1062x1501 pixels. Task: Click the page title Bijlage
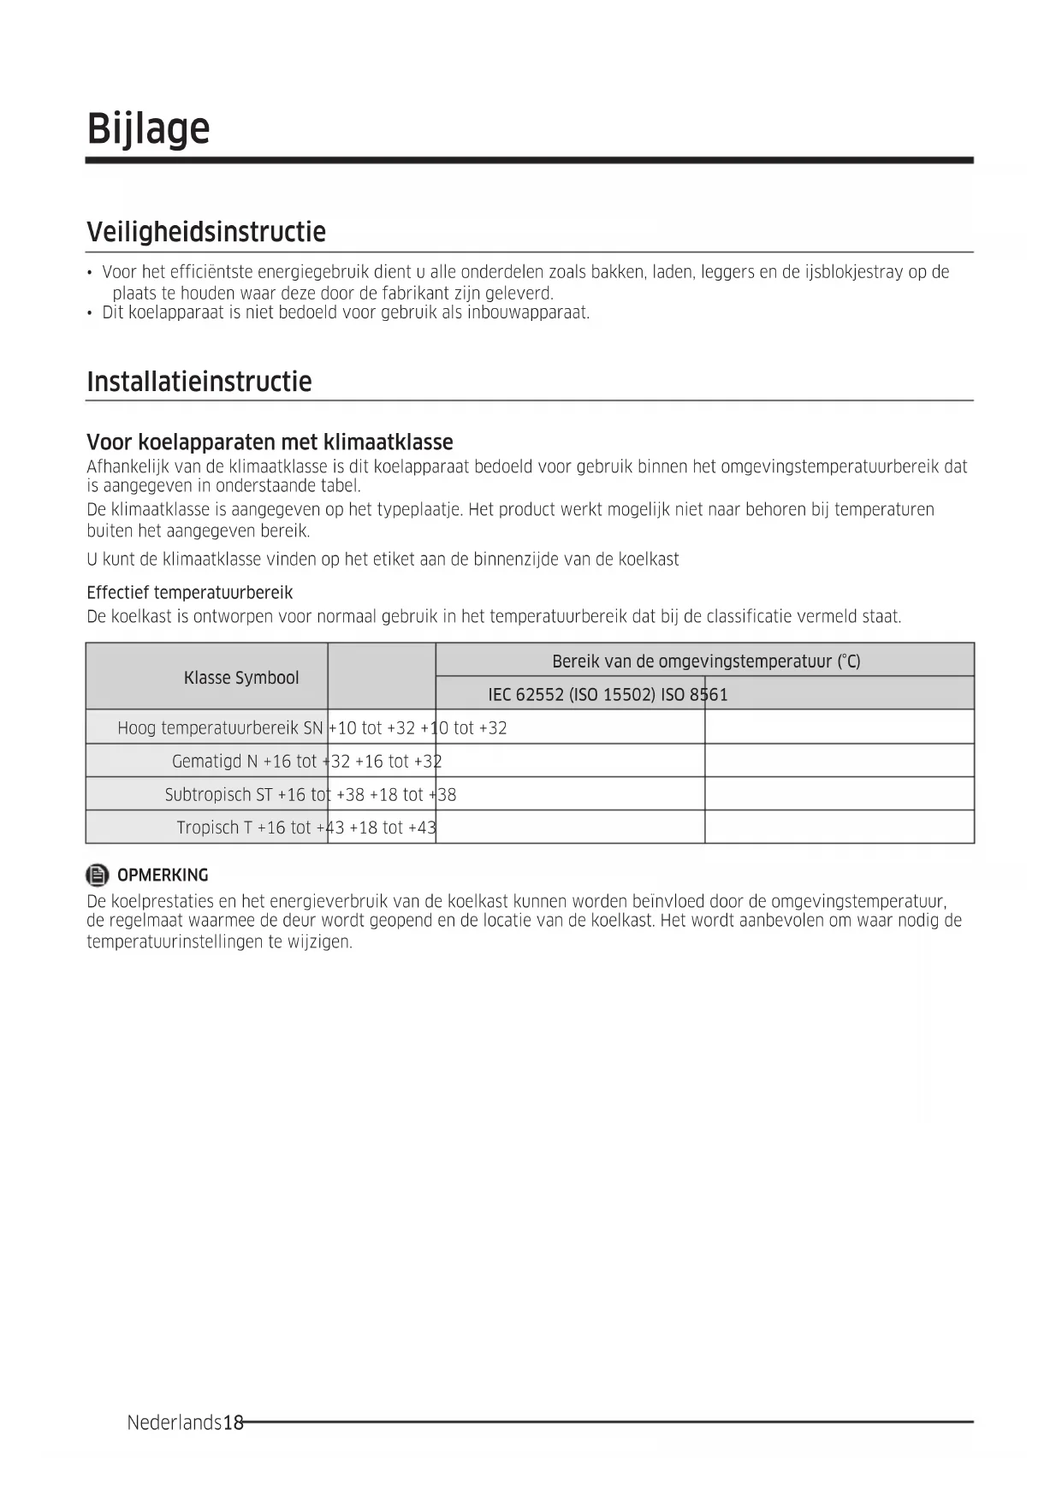point(148,128)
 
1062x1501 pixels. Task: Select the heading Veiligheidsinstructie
point(206,232)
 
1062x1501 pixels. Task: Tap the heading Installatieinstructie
point(199,381)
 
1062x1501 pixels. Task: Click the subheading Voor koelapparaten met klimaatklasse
point(270,442)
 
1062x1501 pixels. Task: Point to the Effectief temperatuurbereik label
point(189,593)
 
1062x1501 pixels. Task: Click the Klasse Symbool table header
point(241,678)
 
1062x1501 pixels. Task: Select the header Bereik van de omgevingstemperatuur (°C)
point(705,662)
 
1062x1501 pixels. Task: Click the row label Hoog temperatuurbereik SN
point(220,728)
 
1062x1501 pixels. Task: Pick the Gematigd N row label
point(215,762)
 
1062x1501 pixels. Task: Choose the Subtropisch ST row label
point(218,795)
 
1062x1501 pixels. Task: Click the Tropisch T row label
point(214,828)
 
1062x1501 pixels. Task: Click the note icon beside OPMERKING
point(98,875)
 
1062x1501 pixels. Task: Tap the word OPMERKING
point(163,875)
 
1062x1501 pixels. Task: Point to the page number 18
point(233,1423)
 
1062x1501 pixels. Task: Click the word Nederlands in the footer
point(174,1423)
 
